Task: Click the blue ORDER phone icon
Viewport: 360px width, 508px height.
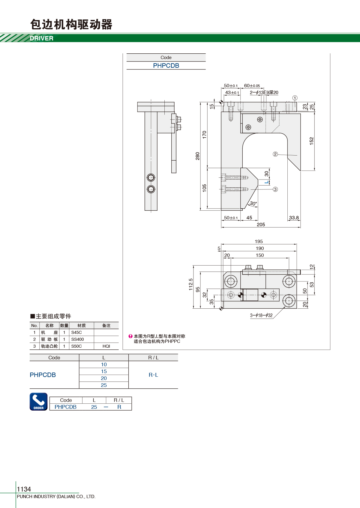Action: (39, 402)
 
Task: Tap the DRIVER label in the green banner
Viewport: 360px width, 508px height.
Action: (41, 38)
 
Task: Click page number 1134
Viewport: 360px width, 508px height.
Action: (24, 489)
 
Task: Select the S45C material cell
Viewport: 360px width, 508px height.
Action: (76, 332)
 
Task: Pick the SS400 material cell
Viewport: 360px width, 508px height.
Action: (77, 339)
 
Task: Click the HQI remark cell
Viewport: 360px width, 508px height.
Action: (106, 346)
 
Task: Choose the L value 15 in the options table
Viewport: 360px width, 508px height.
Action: (104, 371)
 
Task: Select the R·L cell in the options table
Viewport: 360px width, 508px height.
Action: (153, 375)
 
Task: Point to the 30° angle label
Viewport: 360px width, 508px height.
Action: (253, 203)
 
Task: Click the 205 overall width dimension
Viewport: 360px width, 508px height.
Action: (261, 224)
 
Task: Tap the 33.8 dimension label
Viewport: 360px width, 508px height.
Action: (294, 218)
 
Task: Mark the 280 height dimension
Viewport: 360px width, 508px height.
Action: (197, 156)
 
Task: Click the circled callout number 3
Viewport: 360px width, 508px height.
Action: (275, 189)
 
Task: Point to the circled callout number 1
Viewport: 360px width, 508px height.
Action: (295, 98)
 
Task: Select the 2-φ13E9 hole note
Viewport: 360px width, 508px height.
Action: (264, 93)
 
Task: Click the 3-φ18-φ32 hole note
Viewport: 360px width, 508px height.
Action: (261, 315)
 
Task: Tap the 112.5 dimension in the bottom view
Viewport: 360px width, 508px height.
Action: (191, 284)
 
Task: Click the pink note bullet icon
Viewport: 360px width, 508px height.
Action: (130, 336)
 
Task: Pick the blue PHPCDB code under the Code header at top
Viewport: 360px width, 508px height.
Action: (166, 66)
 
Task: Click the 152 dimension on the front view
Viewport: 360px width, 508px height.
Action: (311, 141)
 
